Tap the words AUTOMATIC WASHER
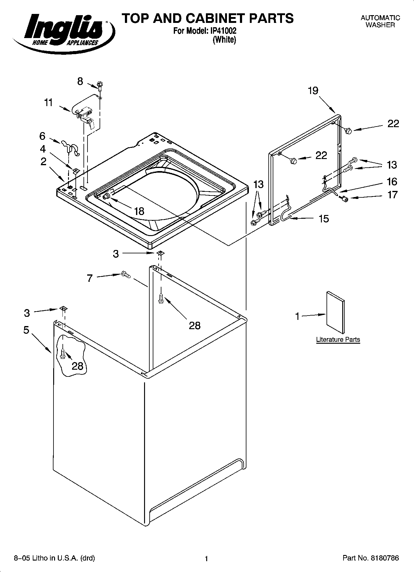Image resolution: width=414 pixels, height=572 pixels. [380, 21]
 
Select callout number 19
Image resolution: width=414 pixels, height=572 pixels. [313, 91]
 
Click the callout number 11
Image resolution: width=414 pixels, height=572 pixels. [49, 102]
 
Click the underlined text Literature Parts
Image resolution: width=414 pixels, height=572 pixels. [338, 339]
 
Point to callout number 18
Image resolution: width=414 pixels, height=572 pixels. [139, 211]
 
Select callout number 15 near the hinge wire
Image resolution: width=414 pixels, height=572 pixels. [324, 219]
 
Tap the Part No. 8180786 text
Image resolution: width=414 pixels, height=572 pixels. [371, 558]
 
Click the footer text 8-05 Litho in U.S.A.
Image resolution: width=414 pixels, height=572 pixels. [54, 558]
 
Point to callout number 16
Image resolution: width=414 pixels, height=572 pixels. [392, 181]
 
